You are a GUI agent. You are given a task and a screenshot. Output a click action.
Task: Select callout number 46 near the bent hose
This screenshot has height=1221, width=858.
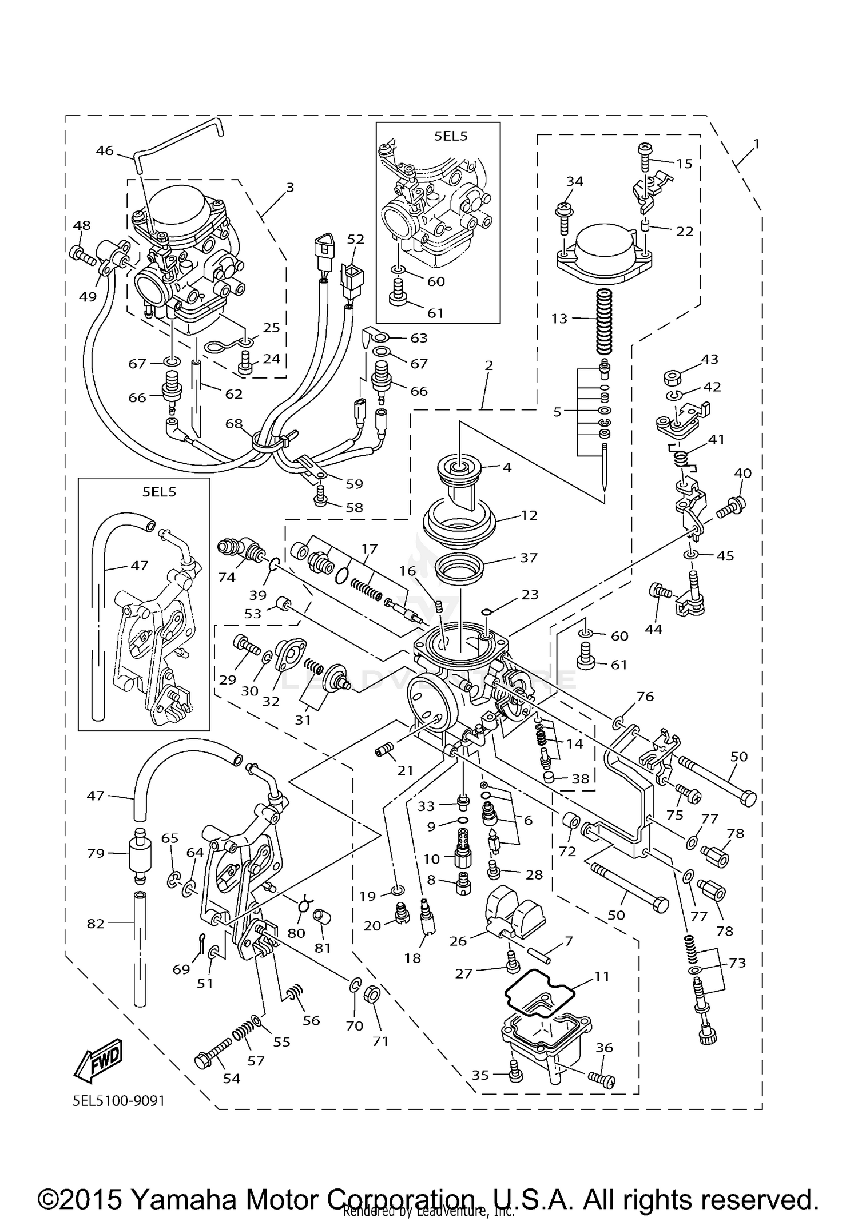point(105,151)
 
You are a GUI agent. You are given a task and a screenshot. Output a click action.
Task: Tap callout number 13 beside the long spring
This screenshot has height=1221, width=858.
point(559,319)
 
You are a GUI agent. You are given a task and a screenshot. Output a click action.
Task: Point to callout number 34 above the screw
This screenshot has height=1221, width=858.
point(574,181)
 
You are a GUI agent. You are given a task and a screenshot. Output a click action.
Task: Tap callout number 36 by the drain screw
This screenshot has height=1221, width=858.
point(604,1048)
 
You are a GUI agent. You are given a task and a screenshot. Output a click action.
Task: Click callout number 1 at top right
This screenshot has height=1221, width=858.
point(756,145)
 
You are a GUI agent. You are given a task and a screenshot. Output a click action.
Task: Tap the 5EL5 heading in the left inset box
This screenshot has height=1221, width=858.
point(159,492)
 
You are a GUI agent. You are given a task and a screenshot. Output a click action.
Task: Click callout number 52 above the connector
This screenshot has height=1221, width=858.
point(355,239)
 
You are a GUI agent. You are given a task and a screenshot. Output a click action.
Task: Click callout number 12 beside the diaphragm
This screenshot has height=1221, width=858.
point(529,515)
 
